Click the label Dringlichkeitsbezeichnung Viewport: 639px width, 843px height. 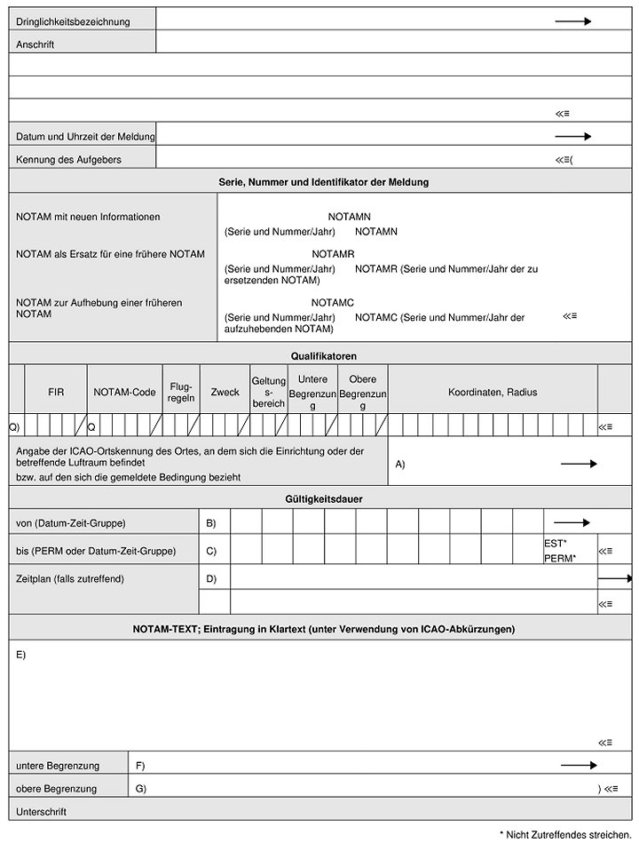[x=73, y=21]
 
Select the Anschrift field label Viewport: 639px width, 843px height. [x=35, y=44]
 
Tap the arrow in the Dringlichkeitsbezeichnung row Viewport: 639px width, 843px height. [x=572, y=20]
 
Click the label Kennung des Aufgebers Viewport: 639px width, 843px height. [x=69, y=160]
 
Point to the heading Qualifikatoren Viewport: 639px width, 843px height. [x=323, y=355]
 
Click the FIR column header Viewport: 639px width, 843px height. [x=56, y=392]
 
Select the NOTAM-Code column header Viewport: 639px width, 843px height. [x=124, y=392]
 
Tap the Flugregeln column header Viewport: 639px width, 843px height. [x=181, y=392]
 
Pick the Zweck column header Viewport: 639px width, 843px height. [x=225, y=392]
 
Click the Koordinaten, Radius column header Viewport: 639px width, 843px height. [x=493, y=392]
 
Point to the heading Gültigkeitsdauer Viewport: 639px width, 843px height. [x=323, y=498]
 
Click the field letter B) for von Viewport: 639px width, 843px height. [x=211, y=523]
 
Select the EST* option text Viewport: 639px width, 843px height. [x=556, y=542]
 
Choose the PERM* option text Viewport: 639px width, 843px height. [x=560, y=558]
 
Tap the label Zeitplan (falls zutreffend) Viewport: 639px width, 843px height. [x=70, y=579]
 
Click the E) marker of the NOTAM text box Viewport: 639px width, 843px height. [x=21, y=655]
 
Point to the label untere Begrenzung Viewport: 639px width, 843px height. [x=58, y=765]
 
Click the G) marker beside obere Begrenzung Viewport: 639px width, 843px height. [x=140, y=788]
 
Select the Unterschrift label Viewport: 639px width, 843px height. [x=42, y=811]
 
